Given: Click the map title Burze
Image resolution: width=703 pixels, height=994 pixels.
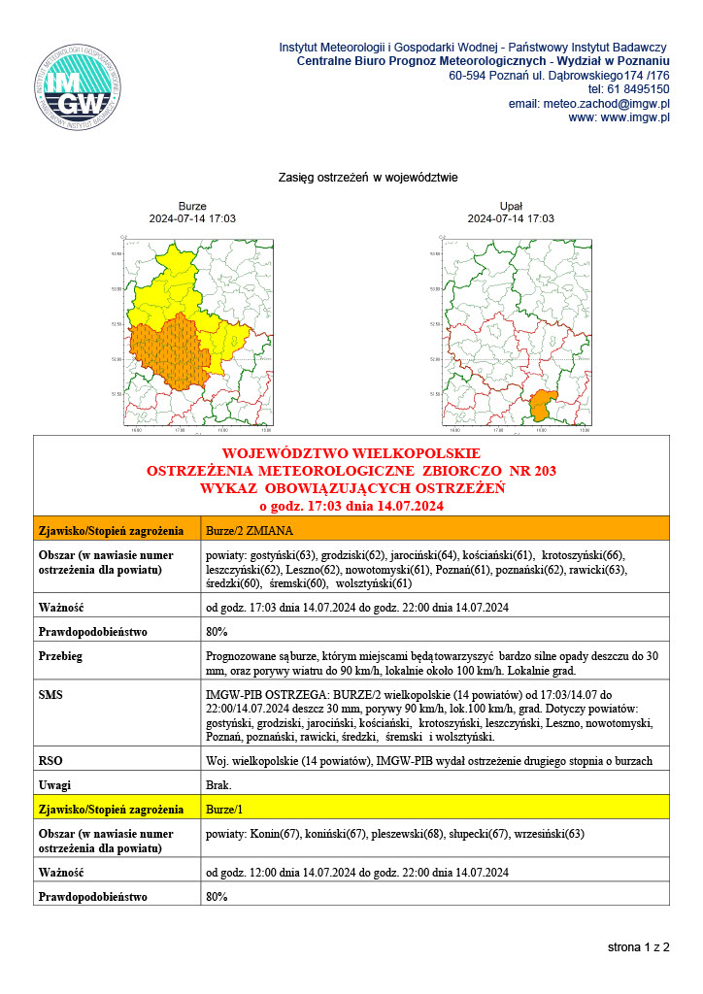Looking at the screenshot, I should (x=192, y=206).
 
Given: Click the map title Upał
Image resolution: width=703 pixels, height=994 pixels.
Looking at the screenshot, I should (x=511, y=206).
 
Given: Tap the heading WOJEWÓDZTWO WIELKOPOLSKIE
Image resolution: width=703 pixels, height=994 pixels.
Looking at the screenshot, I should (x=351, y=453).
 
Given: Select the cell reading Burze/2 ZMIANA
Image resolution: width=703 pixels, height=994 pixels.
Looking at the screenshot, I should (x=251, y=531).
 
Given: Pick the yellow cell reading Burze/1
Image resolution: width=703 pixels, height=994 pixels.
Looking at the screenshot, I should (x=225, y=809).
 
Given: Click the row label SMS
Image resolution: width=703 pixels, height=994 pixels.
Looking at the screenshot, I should (x=50, y=696).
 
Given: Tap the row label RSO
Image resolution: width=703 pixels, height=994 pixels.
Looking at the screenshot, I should (x=50, y=760).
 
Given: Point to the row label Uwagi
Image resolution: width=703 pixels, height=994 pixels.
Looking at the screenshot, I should (x=54, y=784).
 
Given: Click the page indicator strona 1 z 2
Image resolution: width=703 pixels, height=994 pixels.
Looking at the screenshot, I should (x=638, y=945).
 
